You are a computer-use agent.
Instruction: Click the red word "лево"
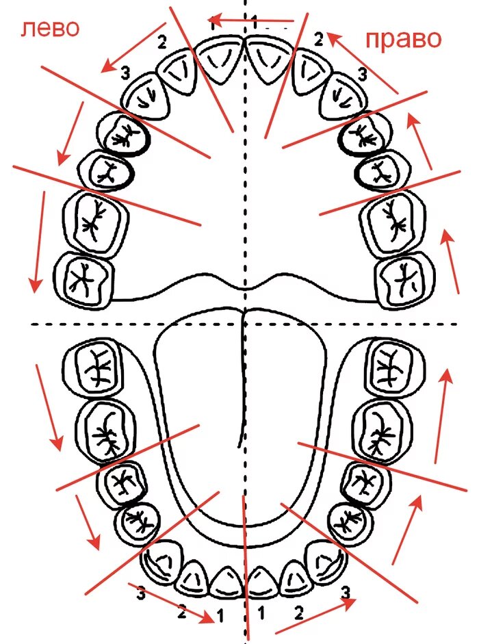tap(49, 28)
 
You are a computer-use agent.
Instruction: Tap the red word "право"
tap(403, 39)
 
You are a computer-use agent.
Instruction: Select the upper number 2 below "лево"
tap(162, 42)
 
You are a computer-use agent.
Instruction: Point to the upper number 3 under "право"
tap(363, 72)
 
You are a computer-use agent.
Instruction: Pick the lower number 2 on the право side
tap(298, 613)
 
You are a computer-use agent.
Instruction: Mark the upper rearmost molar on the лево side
tap(83, 278)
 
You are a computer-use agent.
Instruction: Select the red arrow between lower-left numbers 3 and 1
tap(171, 602)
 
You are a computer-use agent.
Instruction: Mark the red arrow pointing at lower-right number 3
tap(315, 617)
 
